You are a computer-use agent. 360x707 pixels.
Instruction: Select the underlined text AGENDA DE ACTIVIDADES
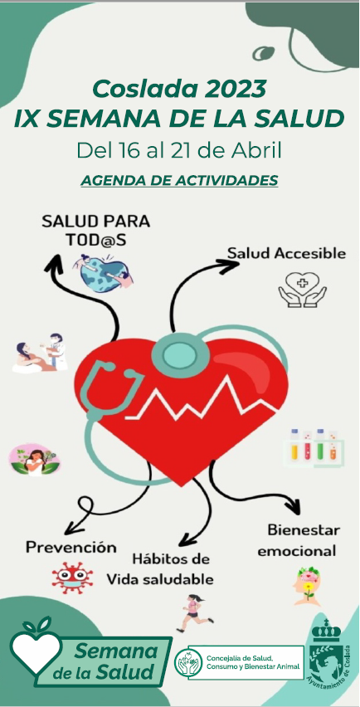point(179,180)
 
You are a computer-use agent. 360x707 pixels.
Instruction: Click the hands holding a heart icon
point(302,290)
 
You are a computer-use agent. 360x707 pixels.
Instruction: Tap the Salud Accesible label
point(286,253)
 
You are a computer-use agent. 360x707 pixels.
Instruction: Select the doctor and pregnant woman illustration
point(40,353)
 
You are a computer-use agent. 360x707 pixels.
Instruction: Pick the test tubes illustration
point(314,448)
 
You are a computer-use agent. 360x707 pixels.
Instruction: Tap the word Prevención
point(71,548)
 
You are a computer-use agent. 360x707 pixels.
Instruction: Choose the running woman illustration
point(194,612)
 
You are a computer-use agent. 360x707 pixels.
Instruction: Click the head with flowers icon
point(308,586)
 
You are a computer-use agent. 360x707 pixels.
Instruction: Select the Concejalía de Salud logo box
point(239,662)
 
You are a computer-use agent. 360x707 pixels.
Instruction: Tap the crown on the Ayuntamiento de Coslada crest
point(327,630)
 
